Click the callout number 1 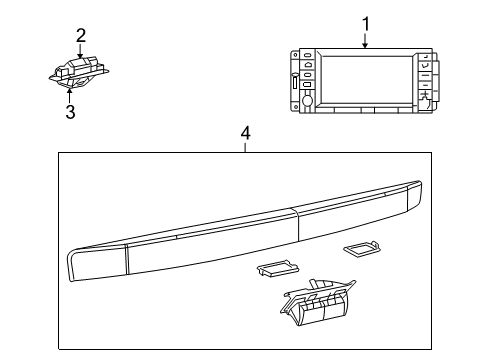click(366, 22)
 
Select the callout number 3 click(70, 111)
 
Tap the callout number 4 click(244, 132)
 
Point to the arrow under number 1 click(366, 42)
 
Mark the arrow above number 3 click(70, 93)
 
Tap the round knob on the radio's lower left click(307, 100)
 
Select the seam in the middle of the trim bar click(292, 230)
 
